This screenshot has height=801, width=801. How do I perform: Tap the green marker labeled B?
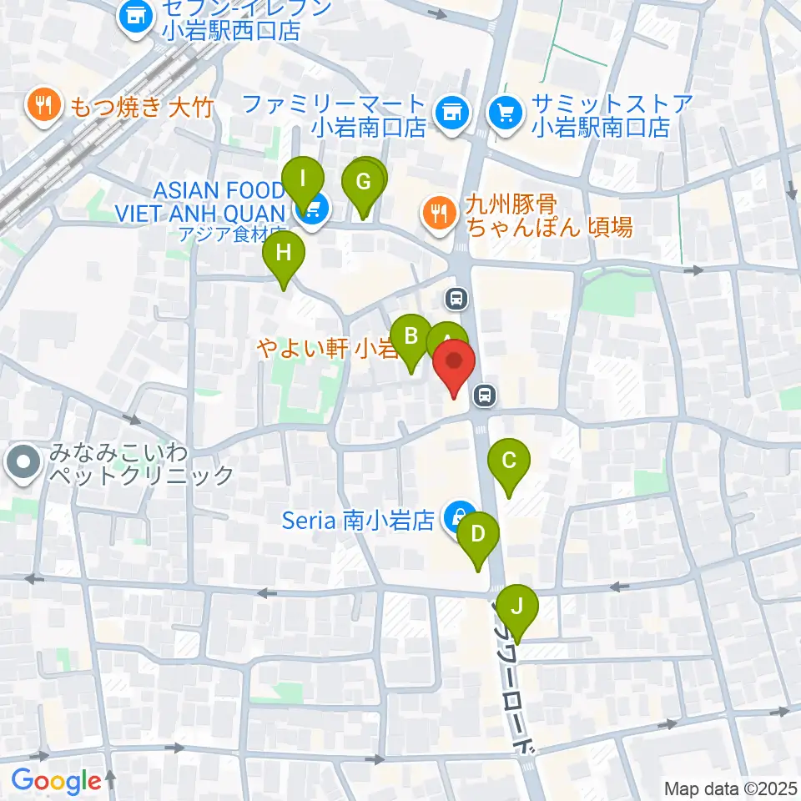tap(411, 337)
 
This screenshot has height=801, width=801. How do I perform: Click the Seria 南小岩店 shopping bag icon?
tap(458, 517)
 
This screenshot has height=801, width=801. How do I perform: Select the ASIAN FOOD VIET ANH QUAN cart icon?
tap(311, 209)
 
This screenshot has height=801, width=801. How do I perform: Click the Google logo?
tap(56, 781)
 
